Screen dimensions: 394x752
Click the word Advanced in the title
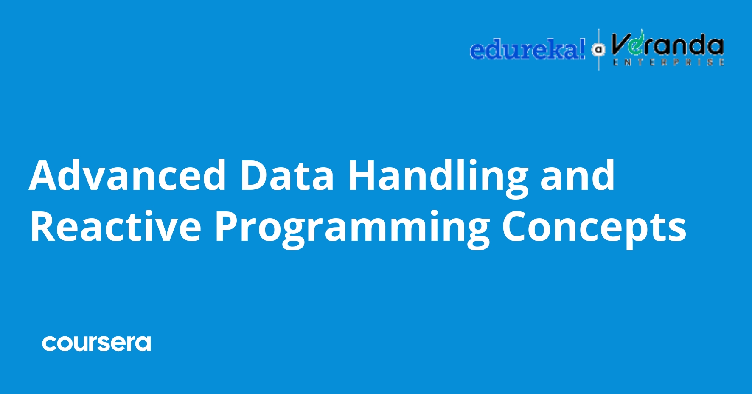click(x=127, y=175)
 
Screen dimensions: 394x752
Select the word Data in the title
click(x=287, y=175)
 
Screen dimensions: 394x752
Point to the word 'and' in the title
click(x=577, y=175)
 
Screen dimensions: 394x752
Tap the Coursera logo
click(x=96, y=343)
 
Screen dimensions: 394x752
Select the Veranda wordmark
click(x=667, y=45)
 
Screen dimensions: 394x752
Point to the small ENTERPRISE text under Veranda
click(x=668, y=62)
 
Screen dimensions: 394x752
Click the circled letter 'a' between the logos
click(x=599, y=50)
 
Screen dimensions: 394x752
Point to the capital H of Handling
click(x=362, y=175)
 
